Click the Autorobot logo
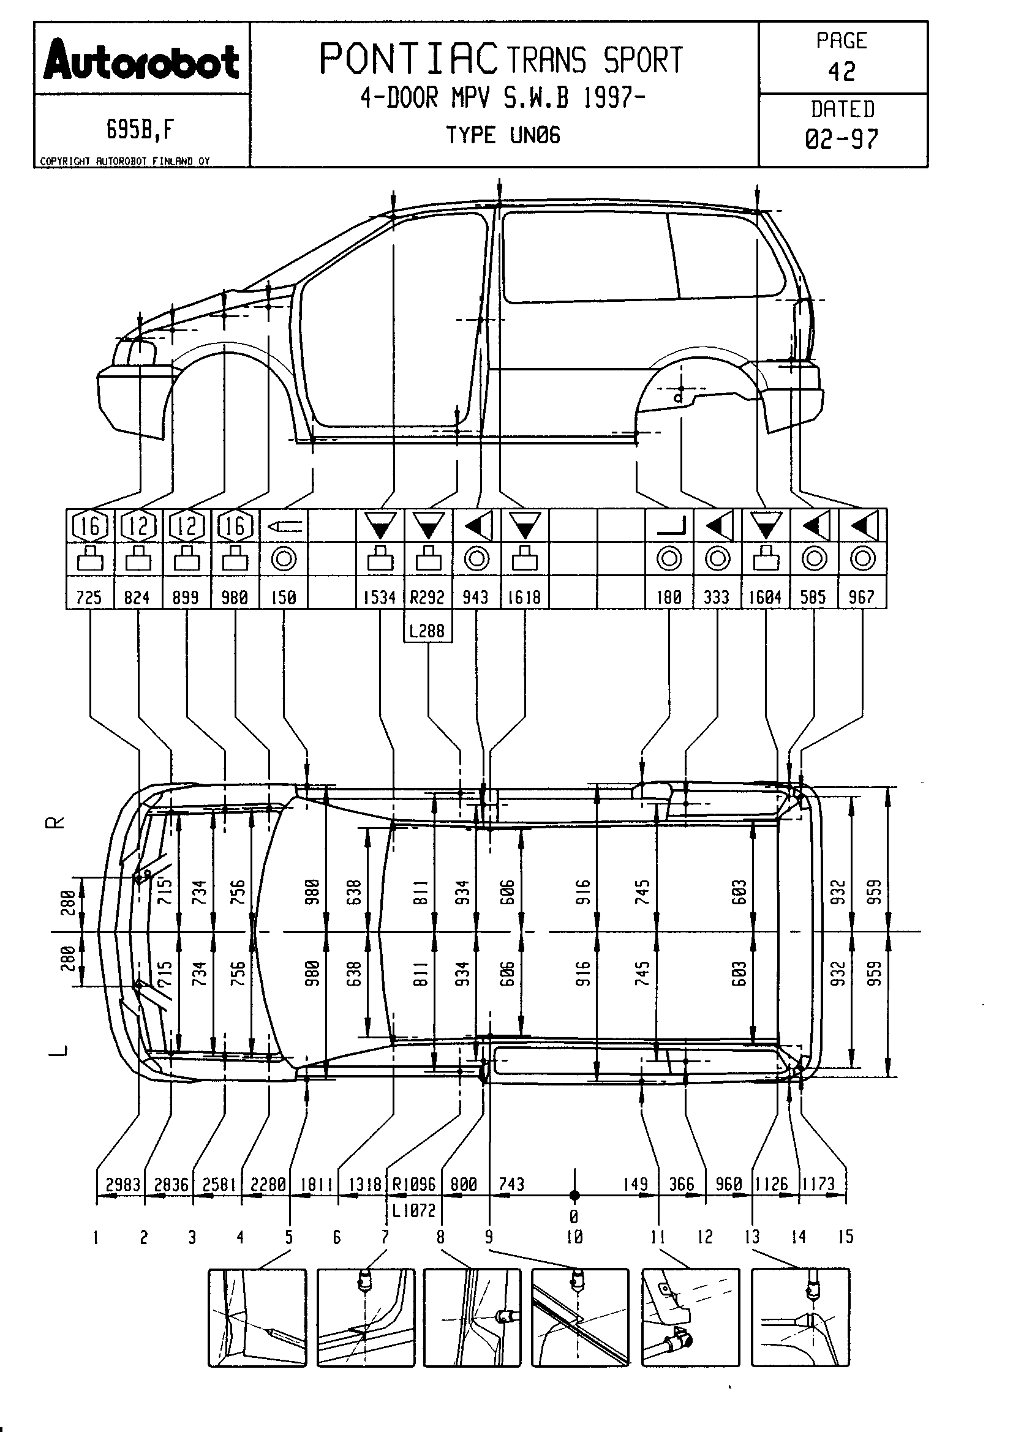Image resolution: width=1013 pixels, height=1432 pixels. [x=141, y=61]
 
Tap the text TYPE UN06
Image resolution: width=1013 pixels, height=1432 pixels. [x=503, y=135]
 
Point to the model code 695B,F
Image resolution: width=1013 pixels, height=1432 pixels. [x=140, y=130]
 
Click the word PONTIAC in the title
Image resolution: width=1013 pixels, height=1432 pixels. [x=409, y=59]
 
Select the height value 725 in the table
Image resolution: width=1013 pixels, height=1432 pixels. [x=89, y=598]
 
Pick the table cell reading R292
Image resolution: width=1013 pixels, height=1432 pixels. [x=427, y=598]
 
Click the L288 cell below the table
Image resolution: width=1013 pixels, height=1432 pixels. [x=427, y=631]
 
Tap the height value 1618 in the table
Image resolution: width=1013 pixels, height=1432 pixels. [x=524, y=598]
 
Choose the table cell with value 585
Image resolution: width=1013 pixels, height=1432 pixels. [x=813, y=598]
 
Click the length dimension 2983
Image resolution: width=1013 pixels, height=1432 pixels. [x=123, y=1185]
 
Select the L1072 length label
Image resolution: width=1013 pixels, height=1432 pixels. [x=413, y=1210]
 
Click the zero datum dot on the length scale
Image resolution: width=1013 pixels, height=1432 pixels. [x=574, y=1196]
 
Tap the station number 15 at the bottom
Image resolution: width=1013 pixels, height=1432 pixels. [x=845, y=1237]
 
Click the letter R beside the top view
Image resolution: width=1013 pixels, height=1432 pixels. [x=56, y=823]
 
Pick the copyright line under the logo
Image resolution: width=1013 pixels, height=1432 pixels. [x=125, y=161]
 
